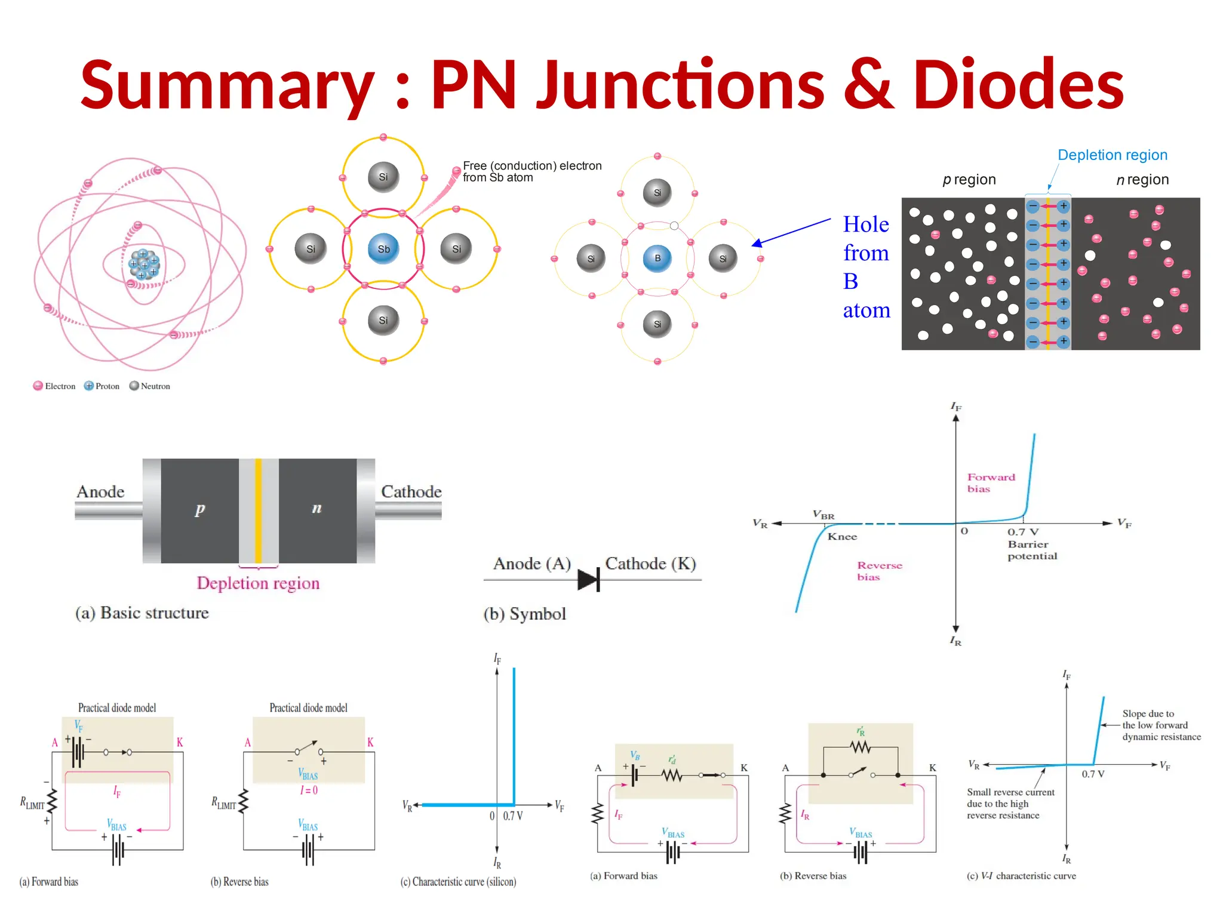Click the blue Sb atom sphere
[x=383, y=249]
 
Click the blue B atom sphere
[x=657, y=258]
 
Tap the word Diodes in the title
[x=1018, y=85]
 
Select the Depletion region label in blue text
[x=1112, y=155]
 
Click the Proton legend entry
[x=102, y=386]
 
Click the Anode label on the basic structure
[x=100, y=492]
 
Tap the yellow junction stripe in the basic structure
[x=258, y=510]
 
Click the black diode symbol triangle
[x=588, y=579]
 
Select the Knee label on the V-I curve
[x=842, y=537]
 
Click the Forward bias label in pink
[x=990, y=483]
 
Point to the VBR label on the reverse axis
[x=823, y=515]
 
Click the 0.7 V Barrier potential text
[x=1031, y=544]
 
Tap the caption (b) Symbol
[x=524, y=614]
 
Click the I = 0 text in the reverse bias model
[x=309, y=790]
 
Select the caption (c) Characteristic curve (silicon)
[x=458, y=882]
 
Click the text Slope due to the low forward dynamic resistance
[x=1160, y=725]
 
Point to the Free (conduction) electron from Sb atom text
[x=531, y=171]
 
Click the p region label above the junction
[x=969, y=180]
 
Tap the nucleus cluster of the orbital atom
[x=144, y=264]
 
